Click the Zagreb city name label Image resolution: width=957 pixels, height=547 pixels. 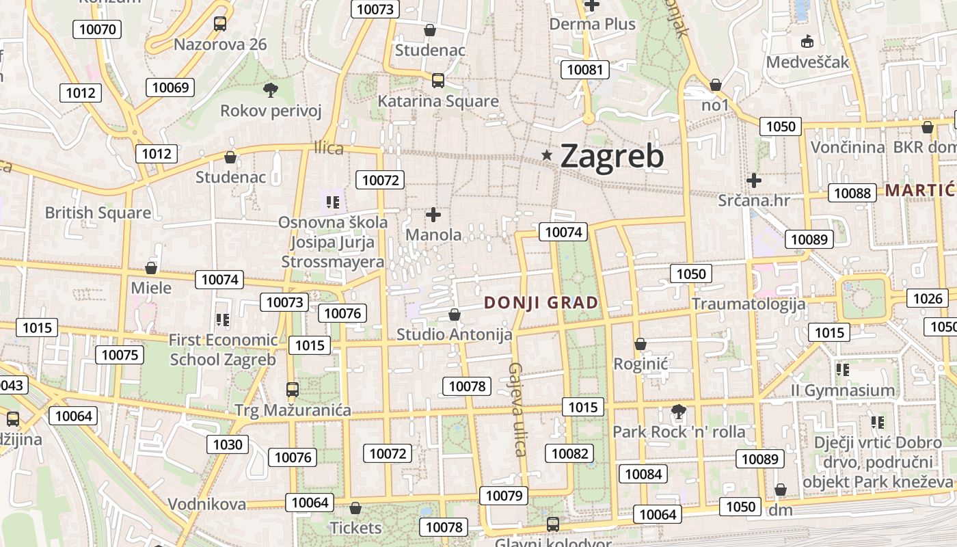pyautogui.click(x=612, y=157)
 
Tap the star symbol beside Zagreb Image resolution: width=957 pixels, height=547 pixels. pyautogui.click(x=547, y=156)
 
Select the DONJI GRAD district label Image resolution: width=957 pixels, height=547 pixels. pyautogui.click(x=541, y=302)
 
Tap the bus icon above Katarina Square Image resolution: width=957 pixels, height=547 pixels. pyautogui.click(x=438, y=81)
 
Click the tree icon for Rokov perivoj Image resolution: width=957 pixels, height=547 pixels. pyautogui.click(x=271, y=90)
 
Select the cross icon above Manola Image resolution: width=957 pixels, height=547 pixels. pyautogui.click(x=433, y=215)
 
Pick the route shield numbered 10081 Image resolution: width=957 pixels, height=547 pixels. pyautogui.click(x=586, y=70)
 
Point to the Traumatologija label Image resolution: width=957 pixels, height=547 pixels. pyautogui.click(x=749, y=304)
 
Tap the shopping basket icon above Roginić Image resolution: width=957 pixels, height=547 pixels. pyautogui.click(x=641, y=344)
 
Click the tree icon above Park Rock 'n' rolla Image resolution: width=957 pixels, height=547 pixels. pyautogui.click(x=678, y=412)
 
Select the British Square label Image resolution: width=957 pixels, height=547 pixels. pyautogui.click(x=98, y=213)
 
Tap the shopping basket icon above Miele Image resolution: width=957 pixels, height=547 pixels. pyautogui.click(x=151, y=268)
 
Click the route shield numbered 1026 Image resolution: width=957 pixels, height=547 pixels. pyautogui.click(x=928, y=298)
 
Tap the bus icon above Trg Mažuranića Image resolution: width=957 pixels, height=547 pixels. pyautogui.click(x=293, y=390)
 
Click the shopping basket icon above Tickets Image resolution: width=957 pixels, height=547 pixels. pyautogui.click(x=355, y=509)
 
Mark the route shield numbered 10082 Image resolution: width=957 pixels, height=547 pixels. pyautogui.click(x=569, y=453)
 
